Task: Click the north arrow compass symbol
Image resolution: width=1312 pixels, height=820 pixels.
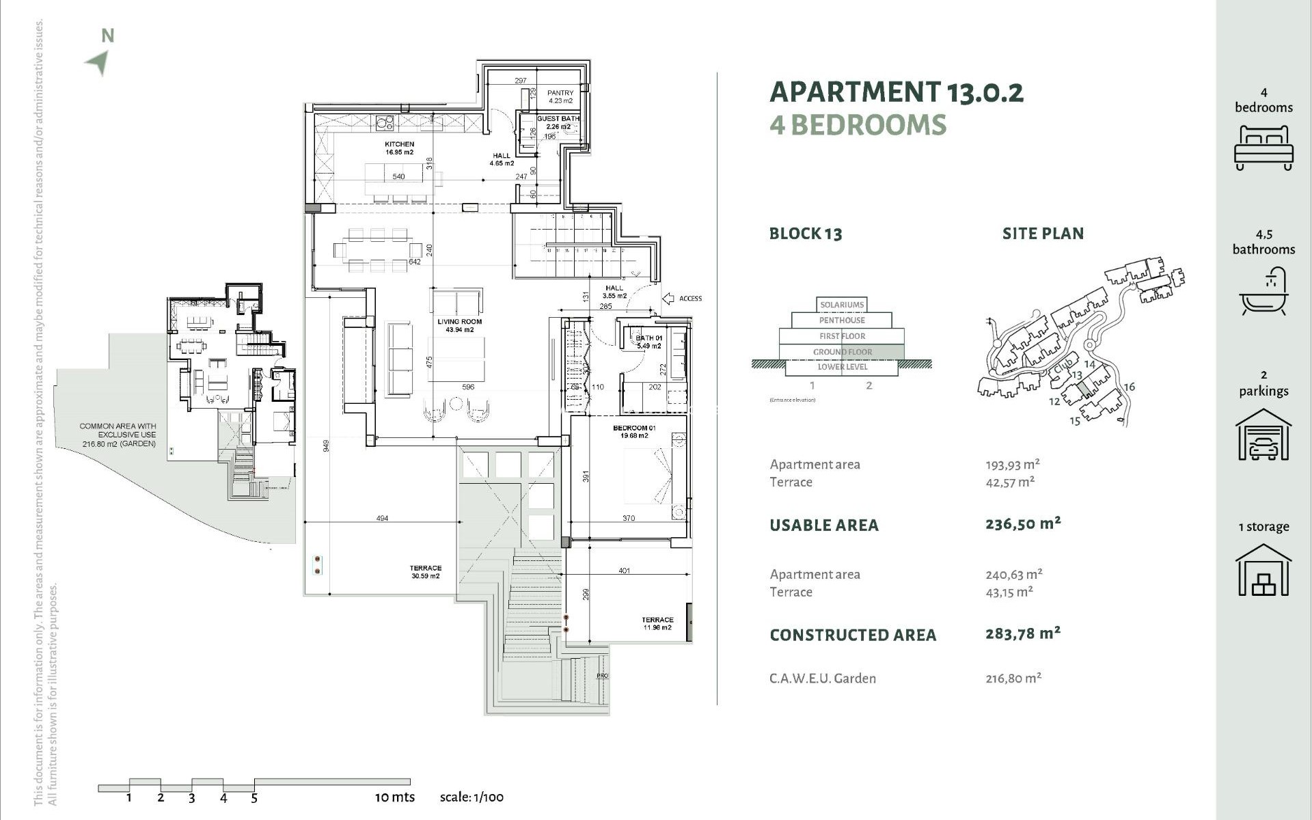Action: [98, 62]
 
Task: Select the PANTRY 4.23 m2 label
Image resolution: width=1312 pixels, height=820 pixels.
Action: [560, 96]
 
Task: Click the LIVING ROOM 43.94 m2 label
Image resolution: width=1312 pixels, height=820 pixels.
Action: [459, 325]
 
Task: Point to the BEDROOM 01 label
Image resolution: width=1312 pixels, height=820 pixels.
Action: [634, 431]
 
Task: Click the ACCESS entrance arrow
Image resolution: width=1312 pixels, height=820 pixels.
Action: [669, 299]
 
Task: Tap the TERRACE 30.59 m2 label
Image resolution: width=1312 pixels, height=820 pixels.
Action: [425, 572]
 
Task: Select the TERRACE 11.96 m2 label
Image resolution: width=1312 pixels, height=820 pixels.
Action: [657, 623]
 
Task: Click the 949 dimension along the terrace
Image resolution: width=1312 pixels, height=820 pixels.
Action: [327, 446]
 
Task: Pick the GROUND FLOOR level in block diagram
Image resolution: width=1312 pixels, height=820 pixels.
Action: [842, 352]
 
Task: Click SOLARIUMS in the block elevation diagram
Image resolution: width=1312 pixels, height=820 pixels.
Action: [842, 305]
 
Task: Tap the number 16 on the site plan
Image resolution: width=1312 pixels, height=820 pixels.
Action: [1129, 387]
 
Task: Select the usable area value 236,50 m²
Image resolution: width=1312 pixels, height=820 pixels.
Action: [1022, 524]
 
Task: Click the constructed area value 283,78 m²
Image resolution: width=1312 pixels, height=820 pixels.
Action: [1022, 633]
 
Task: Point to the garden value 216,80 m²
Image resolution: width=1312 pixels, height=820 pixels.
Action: [1013, 678]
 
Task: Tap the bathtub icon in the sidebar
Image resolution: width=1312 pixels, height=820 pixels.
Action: [1263, 292]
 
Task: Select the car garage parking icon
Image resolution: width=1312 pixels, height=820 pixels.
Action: [1263, 435]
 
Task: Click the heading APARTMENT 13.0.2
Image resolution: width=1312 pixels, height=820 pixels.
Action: [896, 92]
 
